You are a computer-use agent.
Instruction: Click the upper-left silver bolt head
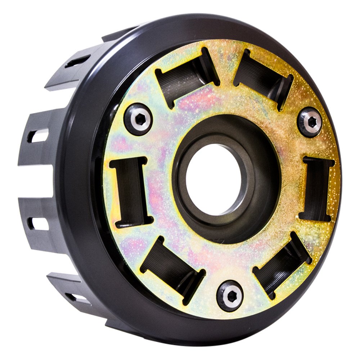pyautogui.click(x=138, y=119)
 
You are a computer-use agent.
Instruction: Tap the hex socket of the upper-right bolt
pyautogui.click(x=310, y=122)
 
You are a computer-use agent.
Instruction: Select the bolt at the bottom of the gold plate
pyautogui.click(x=230, y=295)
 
